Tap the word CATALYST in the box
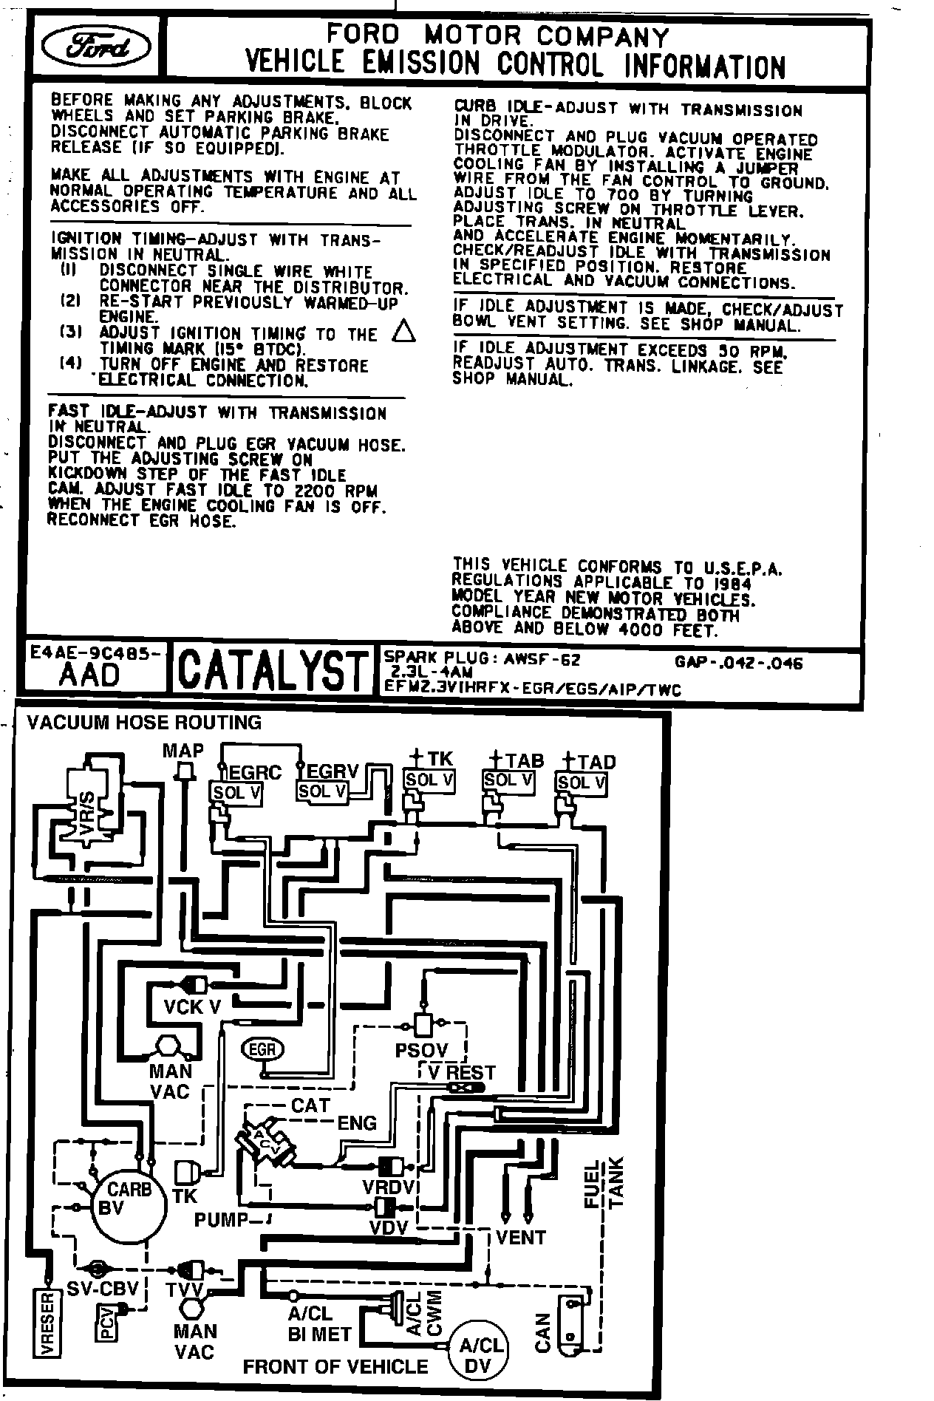273,670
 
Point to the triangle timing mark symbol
403,332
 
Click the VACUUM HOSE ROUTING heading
144,722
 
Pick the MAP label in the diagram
183,751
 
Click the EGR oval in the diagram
262,1049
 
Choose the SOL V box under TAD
581,783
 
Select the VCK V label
192,1006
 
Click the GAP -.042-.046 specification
738,662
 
